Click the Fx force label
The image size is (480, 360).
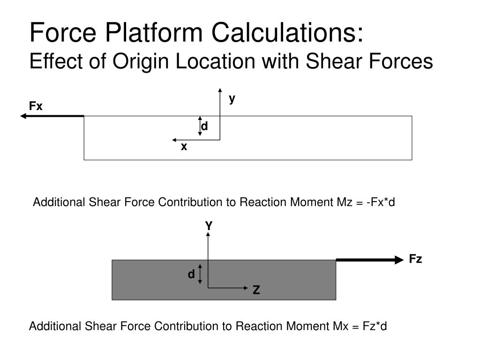coord(36,107)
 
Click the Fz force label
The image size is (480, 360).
coord(415,259)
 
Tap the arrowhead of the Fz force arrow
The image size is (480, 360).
coord(399,260)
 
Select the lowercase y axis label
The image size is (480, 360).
coord(232,98)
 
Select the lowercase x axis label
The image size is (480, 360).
coord(184,147)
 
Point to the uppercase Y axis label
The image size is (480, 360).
coord(209,226)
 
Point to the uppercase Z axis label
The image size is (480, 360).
coord(256,291)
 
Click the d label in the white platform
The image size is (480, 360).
coord(204,127)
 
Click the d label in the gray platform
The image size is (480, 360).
coord(191,275)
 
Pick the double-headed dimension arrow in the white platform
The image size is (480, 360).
coord(200,126)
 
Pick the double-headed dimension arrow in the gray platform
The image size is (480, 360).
coord(200,274)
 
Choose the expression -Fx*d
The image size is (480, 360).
coord(381,202)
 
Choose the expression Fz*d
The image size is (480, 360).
coord(374,326)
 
